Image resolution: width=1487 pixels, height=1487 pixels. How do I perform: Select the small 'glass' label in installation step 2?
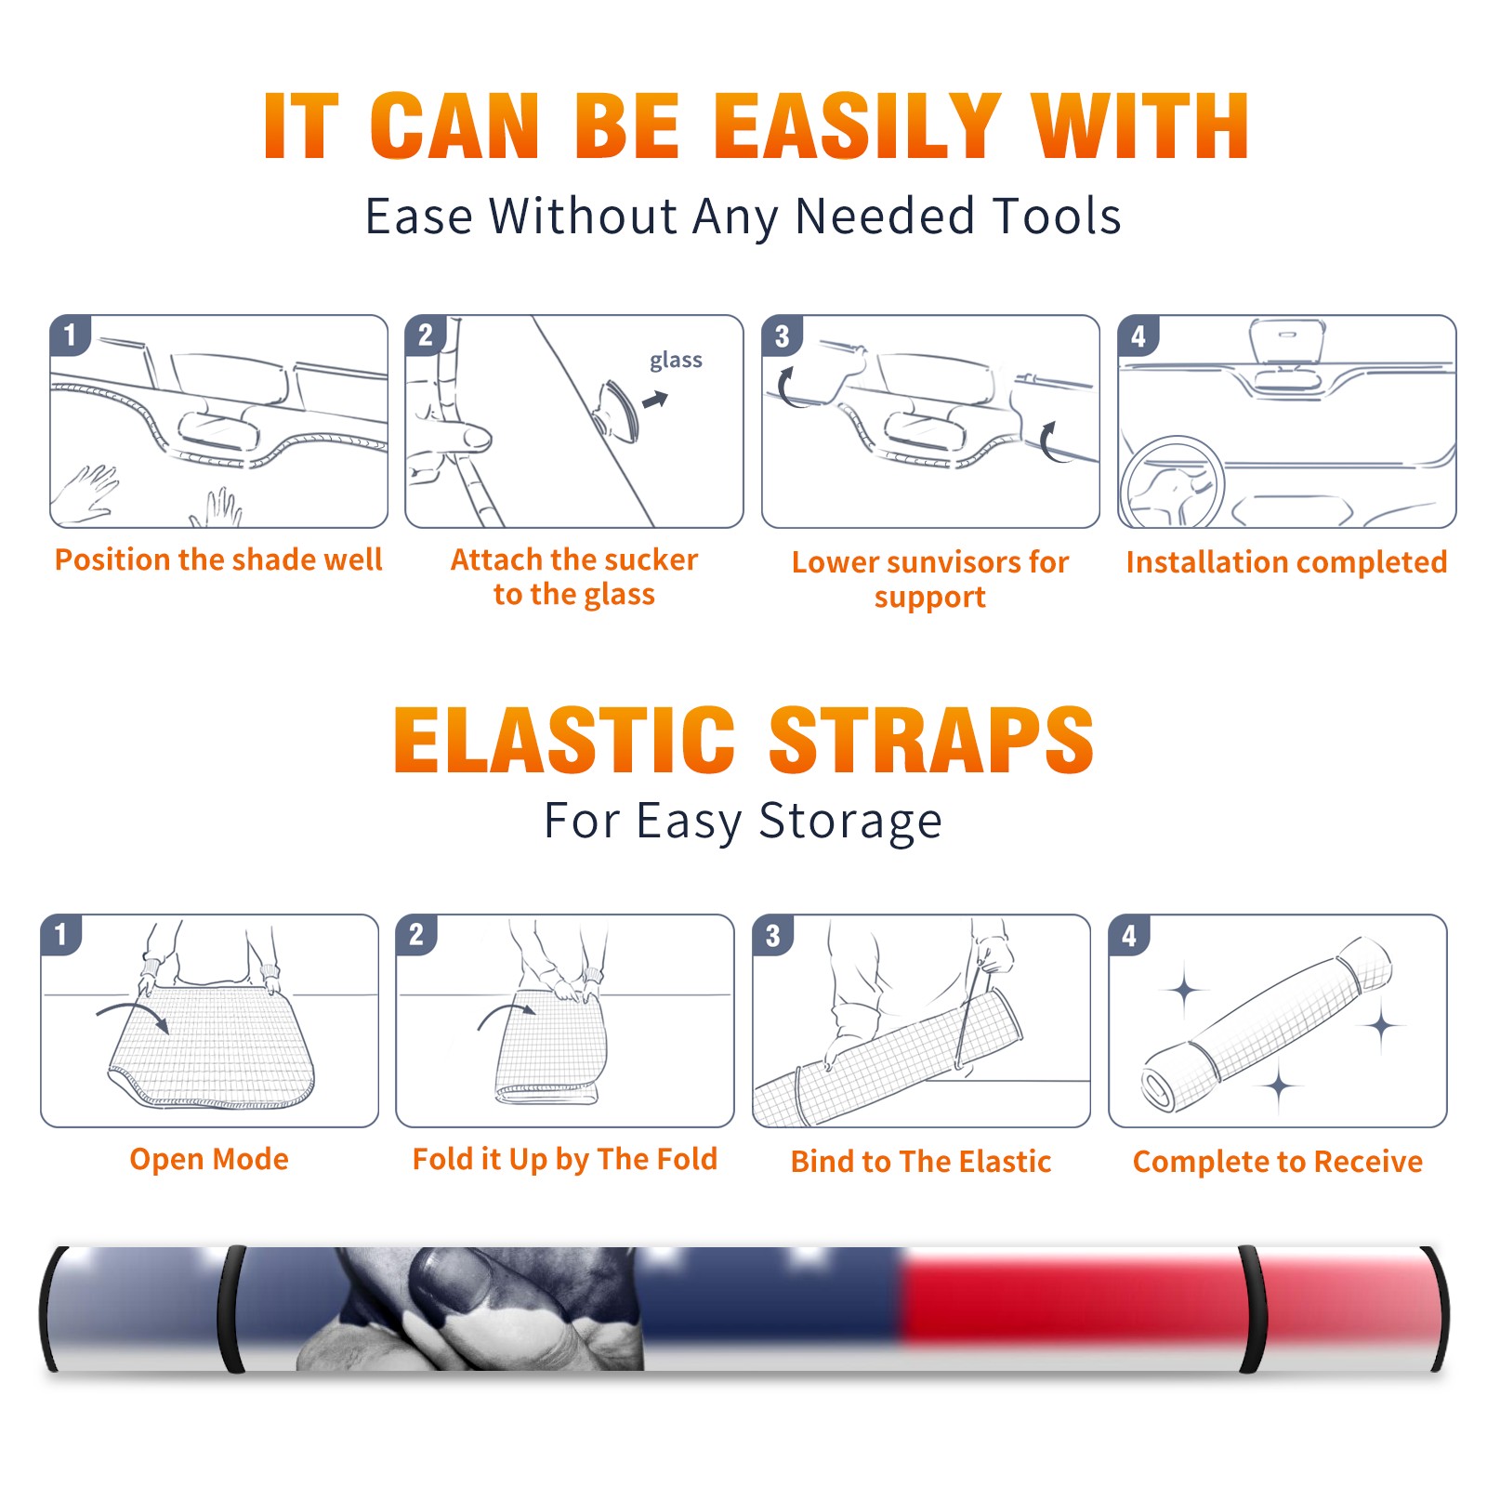coord(676,361)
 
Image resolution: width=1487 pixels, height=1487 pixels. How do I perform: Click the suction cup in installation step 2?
coord(618,411)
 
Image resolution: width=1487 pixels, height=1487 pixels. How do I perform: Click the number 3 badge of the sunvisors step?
coord(782,336)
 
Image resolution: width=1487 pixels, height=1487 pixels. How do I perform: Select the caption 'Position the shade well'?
coord(218,559)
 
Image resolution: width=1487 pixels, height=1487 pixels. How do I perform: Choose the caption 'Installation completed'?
coord(1286,562)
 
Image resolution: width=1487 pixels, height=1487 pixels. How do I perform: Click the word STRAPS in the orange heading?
coord(931,740)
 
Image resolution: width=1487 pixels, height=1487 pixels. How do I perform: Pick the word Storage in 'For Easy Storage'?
coord(850,822)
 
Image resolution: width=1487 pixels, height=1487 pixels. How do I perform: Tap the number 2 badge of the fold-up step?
coord(416,934)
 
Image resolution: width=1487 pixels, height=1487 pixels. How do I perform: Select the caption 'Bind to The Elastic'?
coord(920,1162)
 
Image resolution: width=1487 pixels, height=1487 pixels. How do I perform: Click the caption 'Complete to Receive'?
coord(1277,1162)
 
